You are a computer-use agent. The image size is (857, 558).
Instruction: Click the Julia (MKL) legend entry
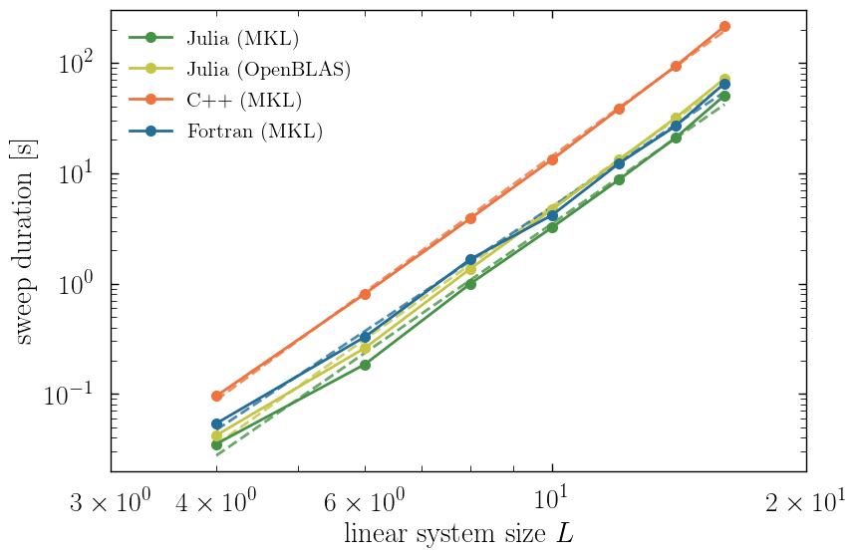pyautogui.click(x=242, y=39)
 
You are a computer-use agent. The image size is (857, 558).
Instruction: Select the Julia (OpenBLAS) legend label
pyautogui.click(x=268, y=70)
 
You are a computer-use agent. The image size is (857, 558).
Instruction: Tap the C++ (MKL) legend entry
pyautogui.click(x=244, y=100)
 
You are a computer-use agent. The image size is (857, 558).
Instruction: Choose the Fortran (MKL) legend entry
pyautogui.click(x=254, y=131)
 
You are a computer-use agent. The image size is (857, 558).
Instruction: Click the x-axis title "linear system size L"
pyautogui.click(x=458, y=533)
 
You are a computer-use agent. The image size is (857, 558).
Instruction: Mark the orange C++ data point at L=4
pyautogui.click(x=217, y=396)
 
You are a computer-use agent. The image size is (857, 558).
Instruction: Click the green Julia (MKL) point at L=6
pyautogui.click(x=366, y=365)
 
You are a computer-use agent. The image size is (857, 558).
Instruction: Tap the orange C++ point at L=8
pyautogui.click(x=471, y=218)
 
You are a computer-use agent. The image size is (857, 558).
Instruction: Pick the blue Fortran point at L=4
pyautogui.click(x=217, y=423)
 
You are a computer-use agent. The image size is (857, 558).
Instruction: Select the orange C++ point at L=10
pyautogui.click(x=552, y=159)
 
